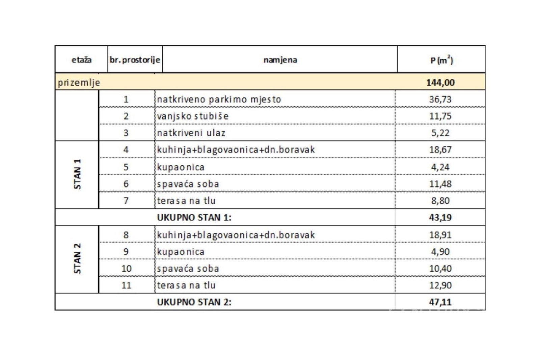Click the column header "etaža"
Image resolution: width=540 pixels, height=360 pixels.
[81, 60]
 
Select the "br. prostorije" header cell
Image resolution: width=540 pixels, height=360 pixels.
[135, 60]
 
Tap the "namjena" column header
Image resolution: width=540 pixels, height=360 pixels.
[280, 60]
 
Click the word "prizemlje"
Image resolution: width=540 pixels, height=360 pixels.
[79, 83]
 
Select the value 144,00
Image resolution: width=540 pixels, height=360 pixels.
[440, 83]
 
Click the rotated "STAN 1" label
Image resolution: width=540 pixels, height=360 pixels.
[78, 174]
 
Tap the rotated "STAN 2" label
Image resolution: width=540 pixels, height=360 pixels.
[78, 259]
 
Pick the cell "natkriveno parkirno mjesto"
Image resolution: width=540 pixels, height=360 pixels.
[219, 100]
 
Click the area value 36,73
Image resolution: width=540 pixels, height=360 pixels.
[440, 100]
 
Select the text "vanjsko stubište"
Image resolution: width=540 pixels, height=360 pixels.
[193, 116]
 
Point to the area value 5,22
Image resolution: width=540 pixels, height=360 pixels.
[440, 133]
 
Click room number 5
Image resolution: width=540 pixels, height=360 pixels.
[126, 167]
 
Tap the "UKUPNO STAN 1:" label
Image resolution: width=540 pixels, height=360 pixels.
[194, 218]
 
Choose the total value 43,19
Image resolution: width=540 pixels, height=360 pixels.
[440, 218]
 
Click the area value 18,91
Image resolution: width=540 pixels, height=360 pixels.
[440, 235]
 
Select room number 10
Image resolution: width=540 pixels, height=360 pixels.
[126, 269]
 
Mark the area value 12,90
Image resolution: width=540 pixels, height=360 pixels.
[440, 285]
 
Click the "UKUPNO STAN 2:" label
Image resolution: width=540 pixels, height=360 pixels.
[194, 302]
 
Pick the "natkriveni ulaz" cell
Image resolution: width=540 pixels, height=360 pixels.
[191, 133]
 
